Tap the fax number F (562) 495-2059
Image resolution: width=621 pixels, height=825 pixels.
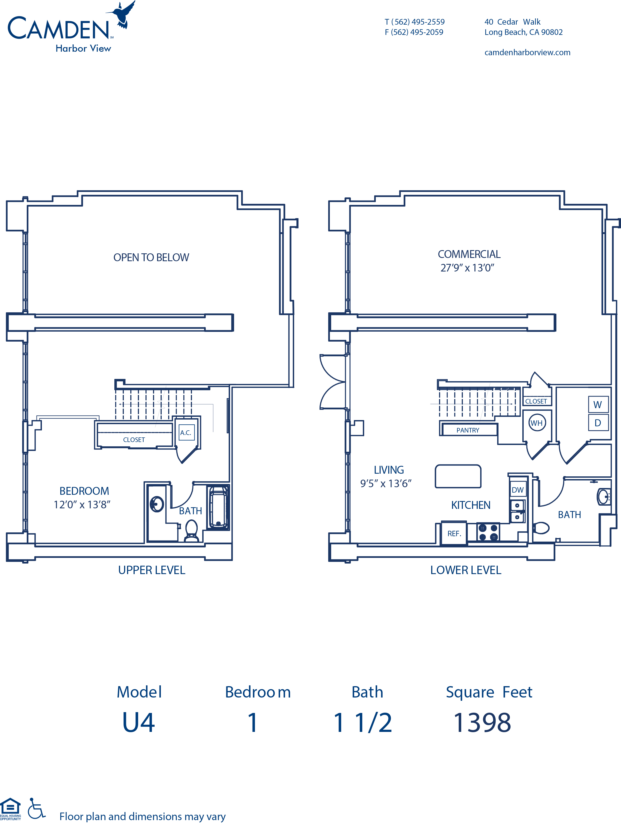click(414, 32)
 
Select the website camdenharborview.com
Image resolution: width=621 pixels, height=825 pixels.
click(527, 52)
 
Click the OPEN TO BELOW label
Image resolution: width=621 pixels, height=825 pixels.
click(151, 257)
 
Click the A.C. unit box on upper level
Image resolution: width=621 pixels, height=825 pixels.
click(186, 432)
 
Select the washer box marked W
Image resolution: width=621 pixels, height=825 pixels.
click(598, 404)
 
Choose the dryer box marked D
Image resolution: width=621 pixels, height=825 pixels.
click(598, 423)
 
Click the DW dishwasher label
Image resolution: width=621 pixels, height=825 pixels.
click(517, 490)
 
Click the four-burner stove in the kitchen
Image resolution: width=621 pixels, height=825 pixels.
click(488, 532)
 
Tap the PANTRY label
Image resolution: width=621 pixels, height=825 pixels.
click(468, 430)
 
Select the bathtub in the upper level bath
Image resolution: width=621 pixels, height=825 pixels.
click(218, 507)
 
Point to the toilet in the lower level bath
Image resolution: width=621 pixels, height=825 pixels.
click(541, 528)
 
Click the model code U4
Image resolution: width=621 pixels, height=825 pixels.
click(139, 722)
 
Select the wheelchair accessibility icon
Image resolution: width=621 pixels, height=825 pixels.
click(36, 808)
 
